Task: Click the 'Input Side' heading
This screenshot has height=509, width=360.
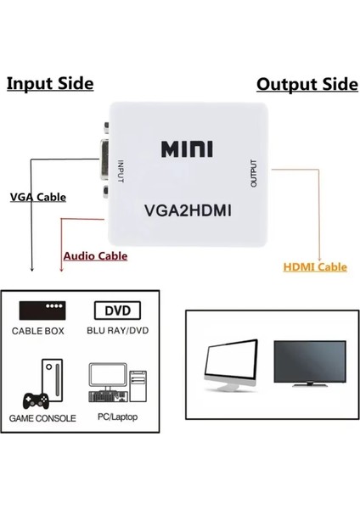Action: pos(50,84)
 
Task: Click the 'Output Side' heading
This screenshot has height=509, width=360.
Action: pos(307,84)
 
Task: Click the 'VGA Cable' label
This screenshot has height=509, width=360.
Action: pos(37,197)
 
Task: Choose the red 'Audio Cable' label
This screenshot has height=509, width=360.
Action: pos(95,255)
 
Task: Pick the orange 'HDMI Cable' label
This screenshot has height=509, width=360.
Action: pos(315,267)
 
